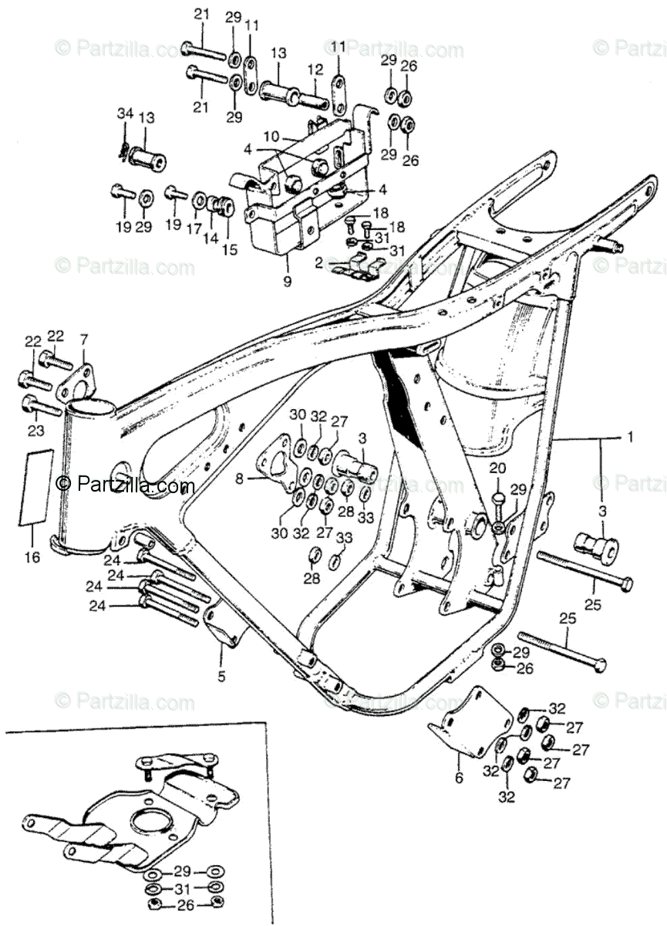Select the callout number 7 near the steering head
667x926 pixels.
tap(84, 340)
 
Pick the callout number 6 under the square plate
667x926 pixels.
tap(460, 779)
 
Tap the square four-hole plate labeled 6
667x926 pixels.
tap(471, 721)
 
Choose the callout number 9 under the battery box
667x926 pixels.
tap(287, 282)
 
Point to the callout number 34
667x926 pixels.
tap(125, 115)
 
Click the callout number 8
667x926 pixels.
tap(240, 478)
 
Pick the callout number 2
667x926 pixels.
tap(318, 263)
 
